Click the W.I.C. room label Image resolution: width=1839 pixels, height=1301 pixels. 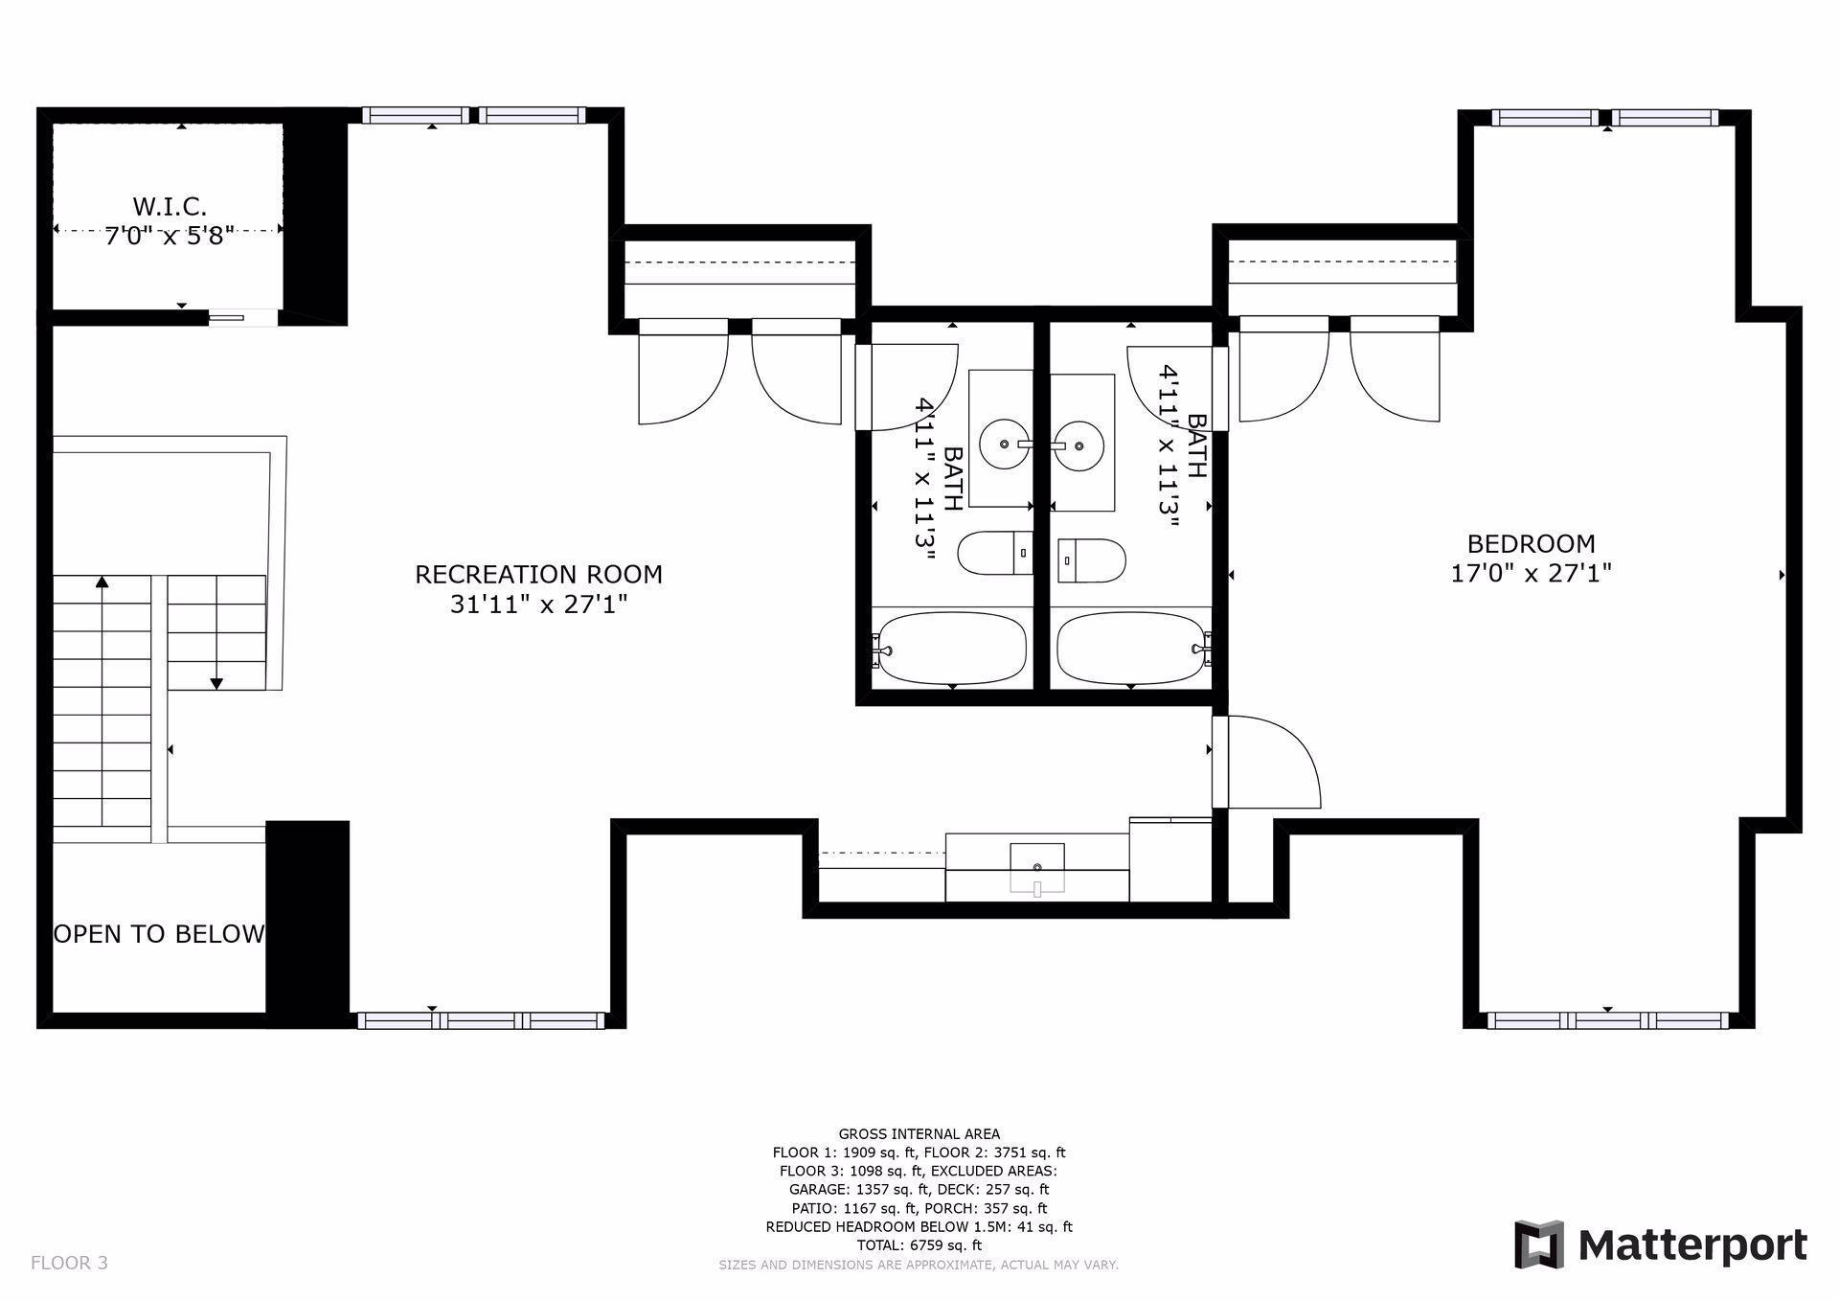170,206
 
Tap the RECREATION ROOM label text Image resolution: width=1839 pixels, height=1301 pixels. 538,574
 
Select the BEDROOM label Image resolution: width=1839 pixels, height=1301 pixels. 1531,544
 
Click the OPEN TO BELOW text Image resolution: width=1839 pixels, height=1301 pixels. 159,934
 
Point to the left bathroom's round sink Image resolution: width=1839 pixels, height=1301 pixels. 1003,445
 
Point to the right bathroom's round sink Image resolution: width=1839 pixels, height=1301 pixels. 1078,445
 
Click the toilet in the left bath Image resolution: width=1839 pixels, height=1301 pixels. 994,553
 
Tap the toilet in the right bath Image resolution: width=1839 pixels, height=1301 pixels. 1092,560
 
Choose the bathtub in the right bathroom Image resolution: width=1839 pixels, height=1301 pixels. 1130,649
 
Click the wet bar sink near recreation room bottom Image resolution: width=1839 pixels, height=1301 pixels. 1037,868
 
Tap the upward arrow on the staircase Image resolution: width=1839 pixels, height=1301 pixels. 102,582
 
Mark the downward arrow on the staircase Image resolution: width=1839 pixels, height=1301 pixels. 216,683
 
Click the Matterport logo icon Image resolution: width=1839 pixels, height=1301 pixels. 1538,1244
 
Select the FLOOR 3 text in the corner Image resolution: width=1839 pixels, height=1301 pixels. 69,1263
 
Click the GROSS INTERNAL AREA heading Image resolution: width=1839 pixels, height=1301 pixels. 919,1134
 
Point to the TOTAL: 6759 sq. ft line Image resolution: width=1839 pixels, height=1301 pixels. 919,1245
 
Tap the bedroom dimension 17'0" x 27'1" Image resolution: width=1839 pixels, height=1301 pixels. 1531,574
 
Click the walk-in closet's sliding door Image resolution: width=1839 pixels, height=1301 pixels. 228,317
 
